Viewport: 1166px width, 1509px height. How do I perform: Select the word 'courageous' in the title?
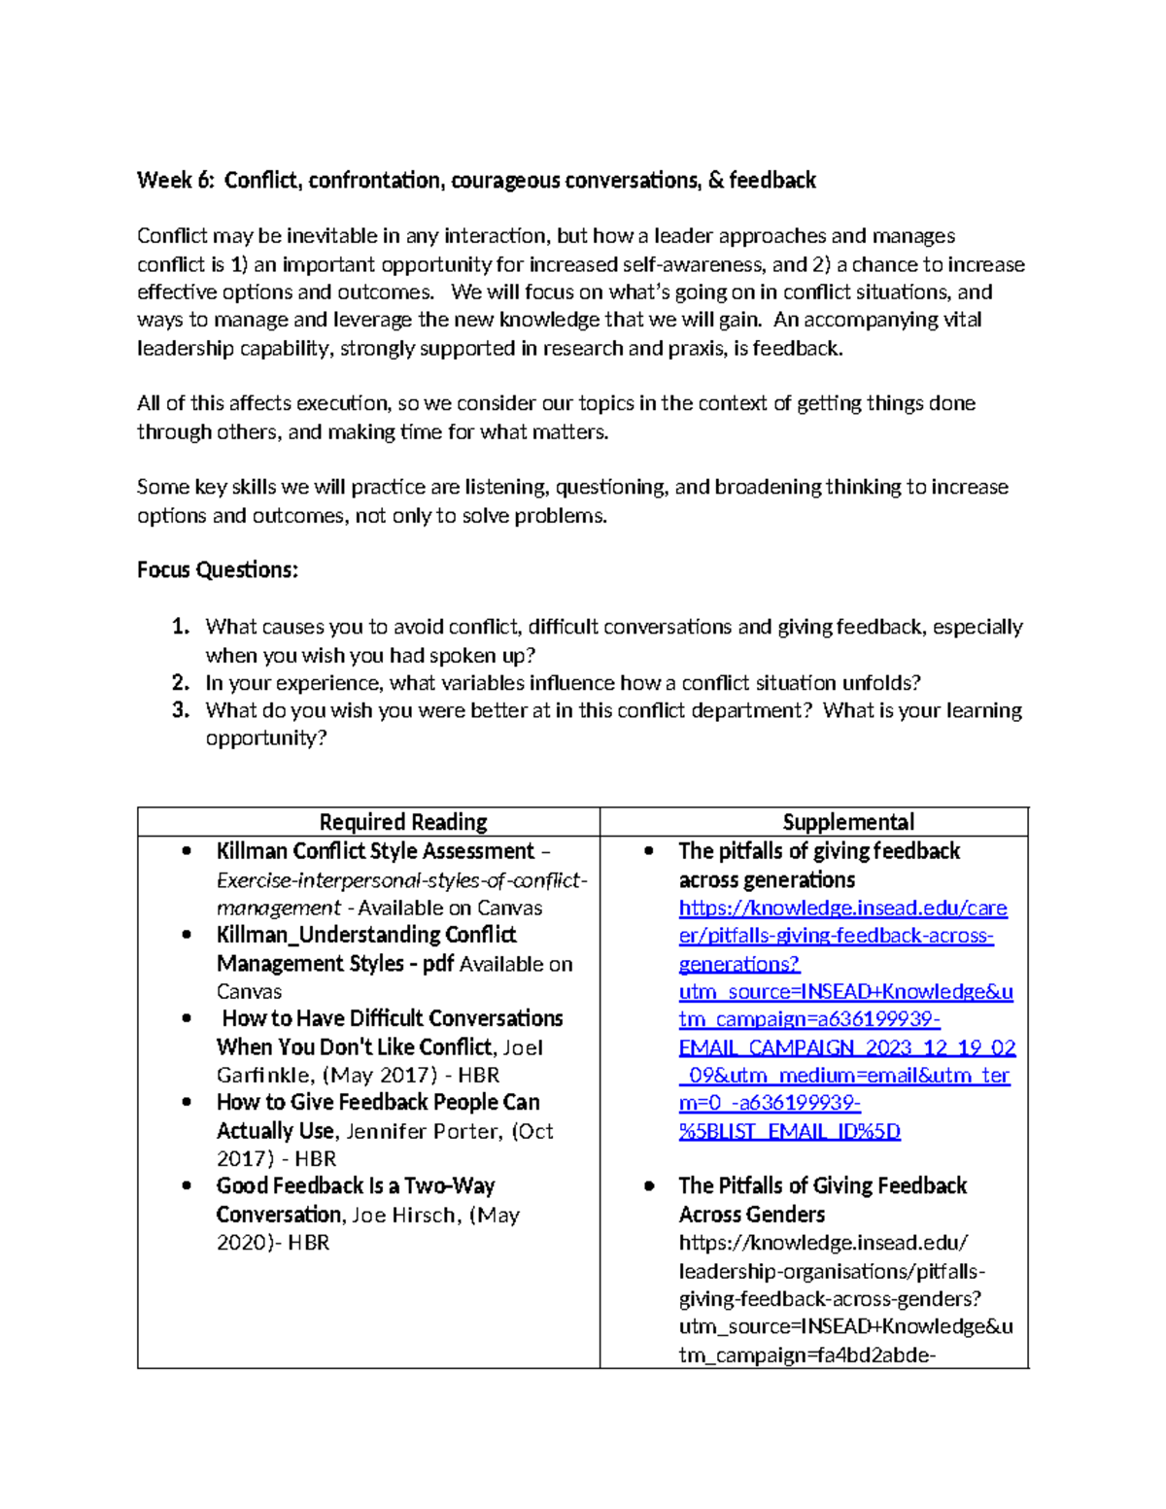coord(505,181)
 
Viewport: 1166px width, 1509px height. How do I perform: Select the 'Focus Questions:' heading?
coord(217,570)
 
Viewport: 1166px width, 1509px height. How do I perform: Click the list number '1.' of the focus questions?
coord(181,627)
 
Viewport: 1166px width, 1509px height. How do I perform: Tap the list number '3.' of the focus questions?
coord(181,710)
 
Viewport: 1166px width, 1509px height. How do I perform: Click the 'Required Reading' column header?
coord(403,822)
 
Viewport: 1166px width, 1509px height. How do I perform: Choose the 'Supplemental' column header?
coord(848,822)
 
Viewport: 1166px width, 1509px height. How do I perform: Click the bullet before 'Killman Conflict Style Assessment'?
coord(188,852)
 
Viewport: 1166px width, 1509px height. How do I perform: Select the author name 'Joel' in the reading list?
coord(524,1047)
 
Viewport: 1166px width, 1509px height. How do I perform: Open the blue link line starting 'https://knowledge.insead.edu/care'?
coord(842,909)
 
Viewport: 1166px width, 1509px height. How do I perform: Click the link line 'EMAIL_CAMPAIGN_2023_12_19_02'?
coord(846,1047)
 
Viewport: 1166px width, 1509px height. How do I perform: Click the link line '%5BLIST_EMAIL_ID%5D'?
coord(789,1132)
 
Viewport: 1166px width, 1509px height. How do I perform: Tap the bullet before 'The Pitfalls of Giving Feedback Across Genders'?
coord(649,1186)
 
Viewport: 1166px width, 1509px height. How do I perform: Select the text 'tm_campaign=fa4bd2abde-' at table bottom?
coord(806,1355)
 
